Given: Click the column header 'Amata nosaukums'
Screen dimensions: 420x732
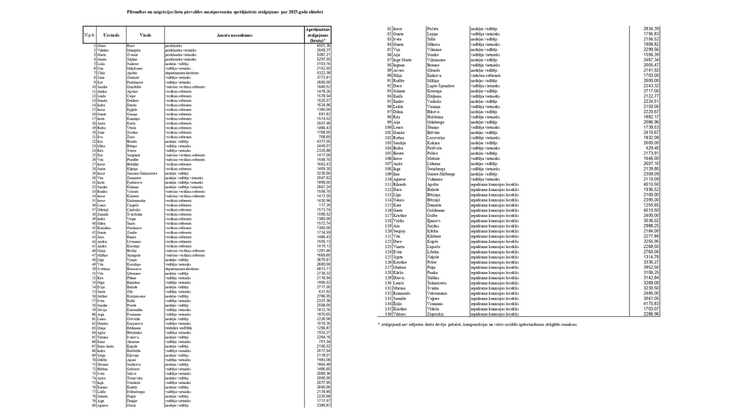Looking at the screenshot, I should tap(234, 35).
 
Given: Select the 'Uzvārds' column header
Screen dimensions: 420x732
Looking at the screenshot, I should tap(111, 35).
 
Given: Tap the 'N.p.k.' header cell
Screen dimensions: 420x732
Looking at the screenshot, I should tap(90, 35).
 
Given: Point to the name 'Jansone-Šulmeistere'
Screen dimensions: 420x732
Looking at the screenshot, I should tap(142, 173).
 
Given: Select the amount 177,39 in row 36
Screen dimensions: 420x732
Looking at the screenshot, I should tap(324, 205).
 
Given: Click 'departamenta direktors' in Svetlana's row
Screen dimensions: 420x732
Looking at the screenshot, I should tap(182, 269).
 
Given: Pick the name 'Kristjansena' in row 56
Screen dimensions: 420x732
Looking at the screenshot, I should tap(137, 296).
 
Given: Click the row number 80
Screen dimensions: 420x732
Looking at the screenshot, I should tap(93, 405).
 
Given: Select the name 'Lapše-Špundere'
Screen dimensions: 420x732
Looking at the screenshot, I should tap(441, 86).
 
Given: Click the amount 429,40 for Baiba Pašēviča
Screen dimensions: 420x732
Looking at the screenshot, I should tap(652, 148).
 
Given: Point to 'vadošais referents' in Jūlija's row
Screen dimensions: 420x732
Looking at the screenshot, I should tap(486, 76).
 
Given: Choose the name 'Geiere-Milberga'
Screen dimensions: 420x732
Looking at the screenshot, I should tap(441, 174).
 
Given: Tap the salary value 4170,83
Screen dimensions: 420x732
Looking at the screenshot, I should tap(651, 304).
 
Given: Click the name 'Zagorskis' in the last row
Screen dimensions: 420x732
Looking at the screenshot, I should tap(437, 314).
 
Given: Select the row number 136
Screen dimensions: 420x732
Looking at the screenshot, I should tap(388, 314).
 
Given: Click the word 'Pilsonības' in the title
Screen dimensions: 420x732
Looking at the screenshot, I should tap(139, 12).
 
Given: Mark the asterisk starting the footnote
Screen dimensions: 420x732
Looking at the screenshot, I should tap(379, 324).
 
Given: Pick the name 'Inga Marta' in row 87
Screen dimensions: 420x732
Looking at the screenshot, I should tap(402, 60).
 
